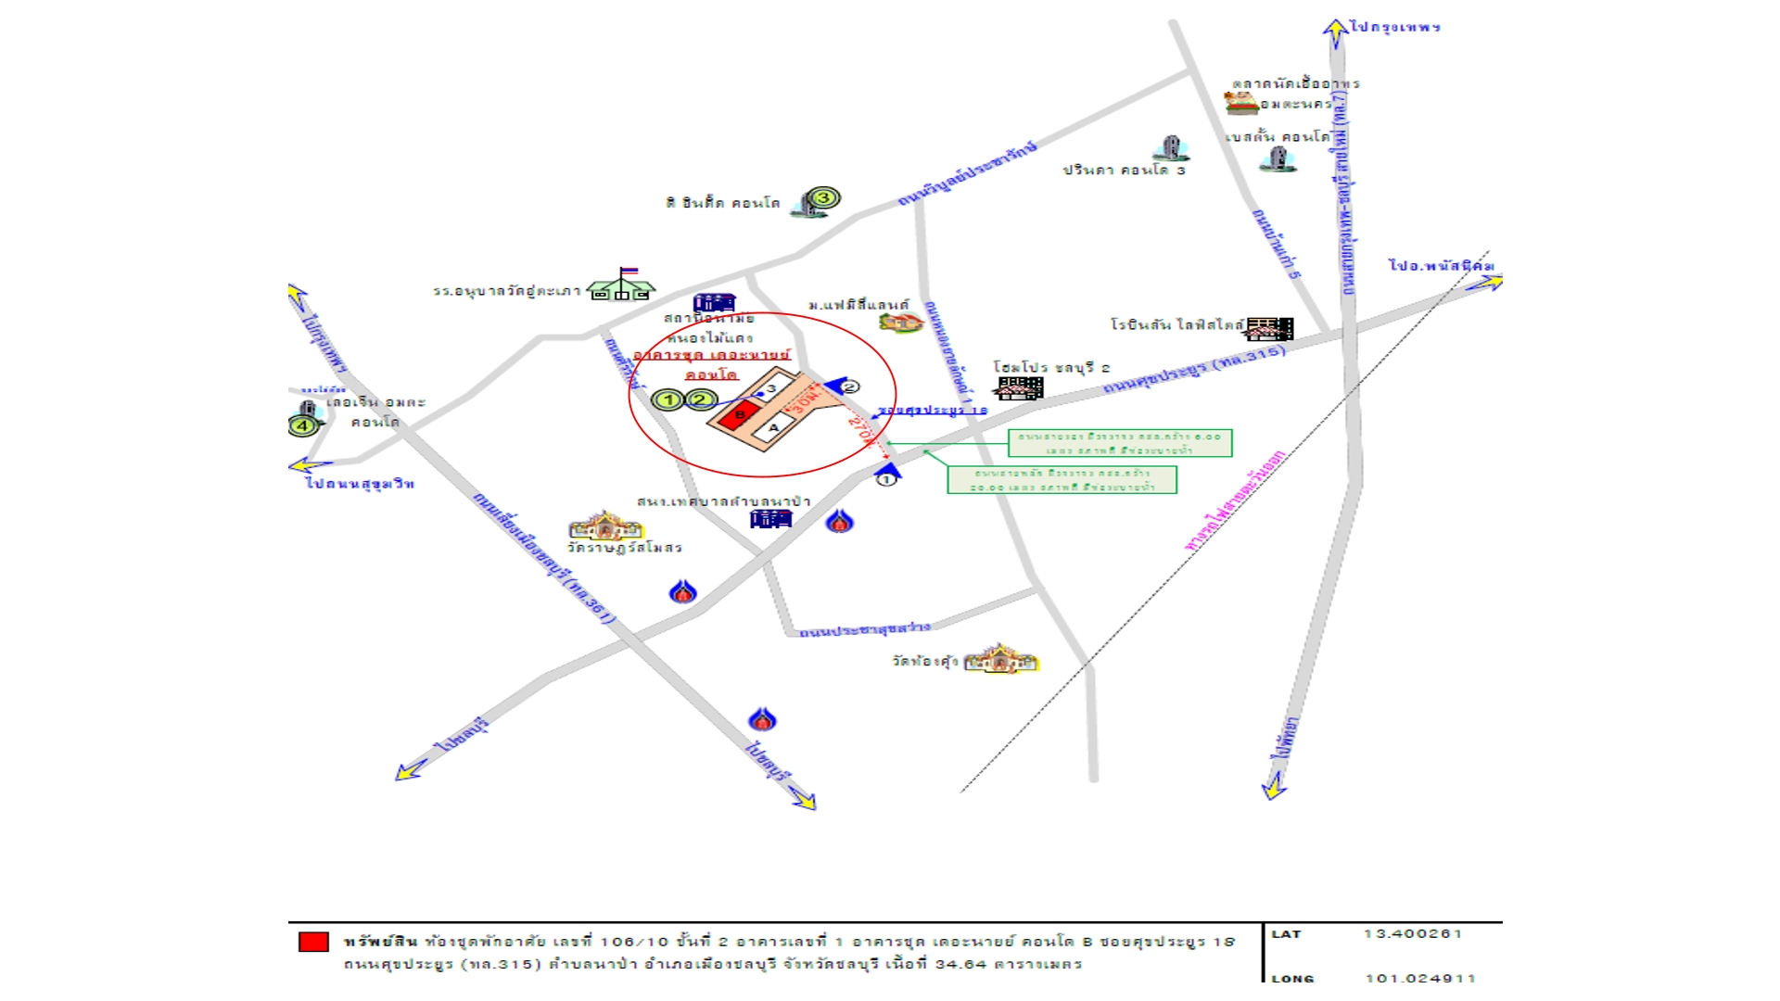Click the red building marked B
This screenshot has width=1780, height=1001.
click(739, 414)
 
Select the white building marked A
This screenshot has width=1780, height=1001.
click(773, 427)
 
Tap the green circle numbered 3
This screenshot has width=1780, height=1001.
click(823, 197)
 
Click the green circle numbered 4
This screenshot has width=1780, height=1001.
click(303, 425)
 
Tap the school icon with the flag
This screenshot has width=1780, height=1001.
click(622, 285)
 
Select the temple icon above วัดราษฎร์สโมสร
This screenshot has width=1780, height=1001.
click(605, 526)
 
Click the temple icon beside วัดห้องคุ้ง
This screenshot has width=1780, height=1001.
click(1000, 659)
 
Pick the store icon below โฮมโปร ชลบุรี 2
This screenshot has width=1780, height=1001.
click(1021, 387)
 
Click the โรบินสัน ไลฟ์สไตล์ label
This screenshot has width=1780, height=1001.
click(1176, 324)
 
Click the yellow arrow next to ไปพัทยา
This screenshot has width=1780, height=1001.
click(1274, 787)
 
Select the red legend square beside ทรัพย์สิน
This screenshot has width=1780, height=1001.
click(313, 942)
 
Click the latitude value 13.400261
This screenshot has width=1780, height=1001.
click(1412, 933)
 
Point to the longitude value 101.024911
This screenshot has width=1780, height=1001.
click(1419, 977)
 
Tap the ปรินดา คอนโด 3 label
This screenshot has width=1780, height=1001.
click(1124, 171)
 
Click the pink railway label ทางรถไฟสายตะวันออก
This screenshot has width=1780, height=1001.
click(1235, 500)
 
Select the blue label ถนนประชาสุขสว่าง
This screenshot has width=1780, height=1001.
click(864, 629)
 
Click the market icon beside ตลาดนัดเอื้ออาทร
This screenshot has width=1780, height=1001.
click(1240, 103)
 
